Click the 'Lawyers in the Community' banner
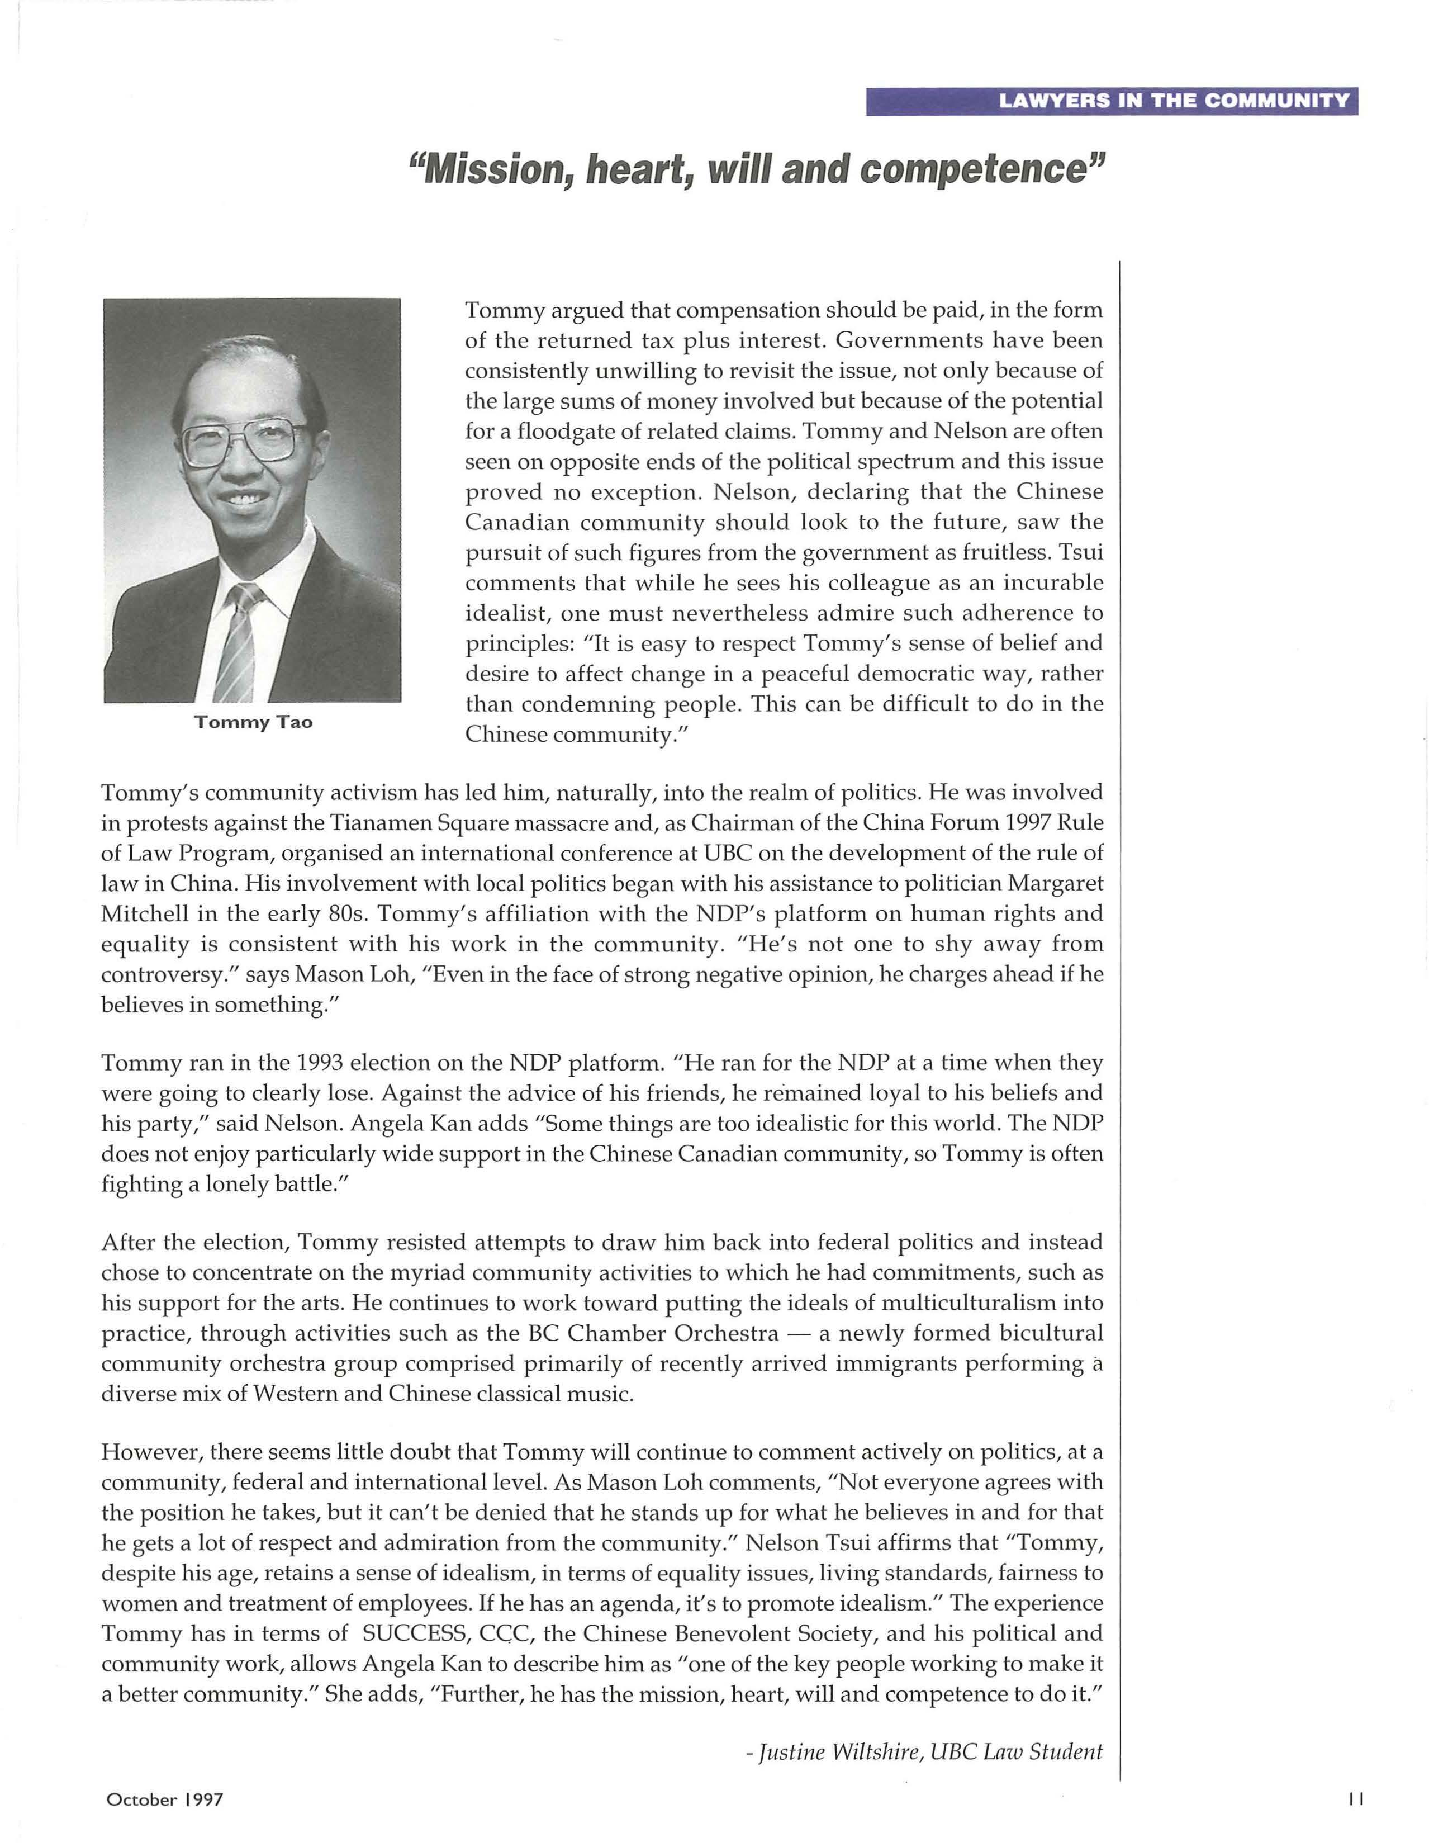[1111, 102]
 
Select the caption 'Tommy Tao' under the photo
[253, 722]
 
